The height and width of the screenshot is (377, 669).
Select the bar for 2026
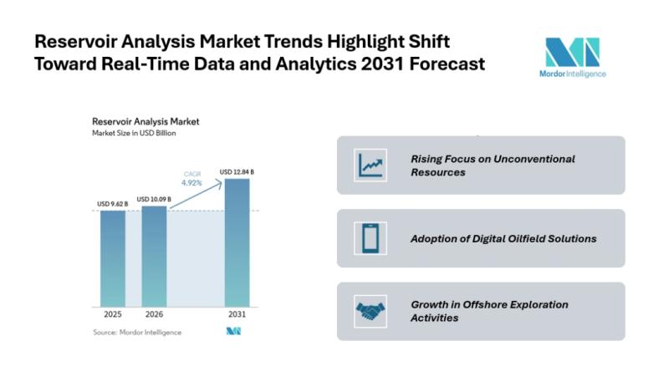[x=154, y=255]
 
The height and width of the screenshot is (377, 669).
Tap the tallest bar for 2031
[x=236, y=242]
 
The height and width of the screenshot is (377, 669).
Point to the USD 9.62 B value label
[x=111, y=203]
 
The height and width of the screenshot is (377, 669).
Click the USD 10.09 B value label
[x=154, y=199]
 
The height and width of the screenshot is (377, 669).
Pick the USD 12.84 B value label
[x=237, y=172]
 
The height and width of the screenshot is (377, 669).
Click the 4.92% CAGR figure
[x=193, y=182]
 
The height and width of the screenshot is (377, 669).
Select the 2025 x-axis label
[x=113, y=316]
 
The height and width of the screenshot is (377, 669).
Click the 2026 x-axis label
[x=154, y=316]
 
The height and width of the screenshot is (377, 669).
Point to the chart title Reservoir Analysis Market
[x=146, y=122]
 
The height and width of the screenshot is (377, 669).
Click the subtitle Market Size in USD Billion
[x=134, y=134]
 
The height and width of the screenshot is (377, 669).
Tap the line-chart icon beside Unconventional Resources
[x=369, y=165]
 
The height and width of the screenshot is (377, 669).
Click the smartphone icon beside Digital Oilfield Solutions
[x=369, y=238]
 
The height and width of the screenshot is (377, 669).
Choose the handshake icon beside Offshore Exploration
[x=369, y=311]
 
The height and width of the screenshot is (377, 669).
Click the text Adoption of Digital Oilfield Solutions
[x=503, y=238]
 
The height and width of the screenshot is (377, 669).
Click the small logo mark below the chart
[x=234, y=332]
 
